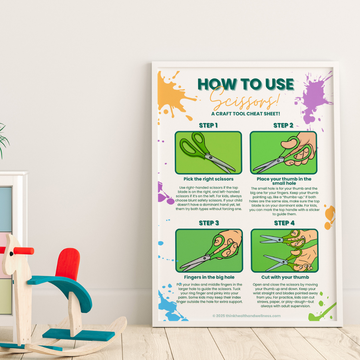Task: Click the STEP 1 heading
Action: tap(208, 126)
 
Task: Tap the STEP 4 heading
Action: tap(284, 223)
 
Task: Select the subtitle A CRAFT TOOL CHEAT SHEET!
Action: tap(245, 114)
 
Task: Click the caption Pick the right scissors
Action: tap(208, 179)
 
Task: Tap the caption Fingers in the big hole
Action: tap(209, 277)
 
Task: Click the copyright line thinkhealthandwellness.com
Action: tap(246, 316)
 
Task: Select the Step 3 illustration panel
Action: tap(209, 250)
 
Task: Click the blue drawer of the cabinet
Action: tap(5, 209)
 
